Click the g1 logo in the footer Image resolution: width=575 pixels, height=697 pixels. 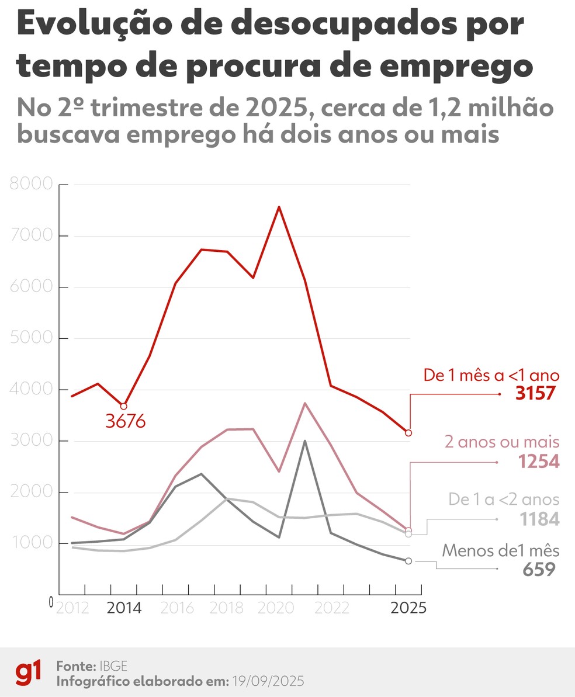29,674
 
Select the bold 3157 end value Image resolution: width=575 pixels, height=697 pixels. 535,394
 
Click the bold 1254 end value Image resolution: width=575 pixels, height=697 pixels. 538,462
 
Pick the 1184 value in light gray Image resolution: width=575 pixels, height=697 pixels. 538,519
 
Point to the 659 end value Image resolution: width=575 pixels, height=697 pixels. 538,568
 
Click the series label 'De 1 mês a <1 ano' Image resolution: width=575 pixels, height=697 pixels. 491,375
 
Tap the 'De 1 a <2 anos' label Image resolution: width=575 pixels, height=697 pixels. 504,500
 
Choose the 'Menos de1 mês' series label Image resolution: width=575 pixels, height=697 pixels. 501,550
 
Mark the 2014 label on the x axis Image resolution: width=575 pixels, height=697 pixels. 124,608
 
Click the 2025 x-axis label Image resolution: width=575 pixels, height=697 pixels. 407,608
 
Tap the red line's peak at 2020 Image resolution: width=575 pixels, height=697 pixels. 279,207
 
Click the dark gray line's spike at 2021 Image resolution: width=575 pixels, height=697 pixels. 304,441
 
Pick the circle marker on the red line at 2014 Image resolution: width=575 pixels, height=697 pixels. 123,406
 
